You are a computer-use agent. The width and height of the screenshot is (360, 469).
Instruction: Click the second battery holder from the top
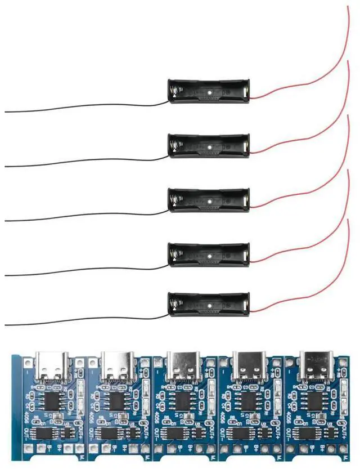click(x=209, y=146)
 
